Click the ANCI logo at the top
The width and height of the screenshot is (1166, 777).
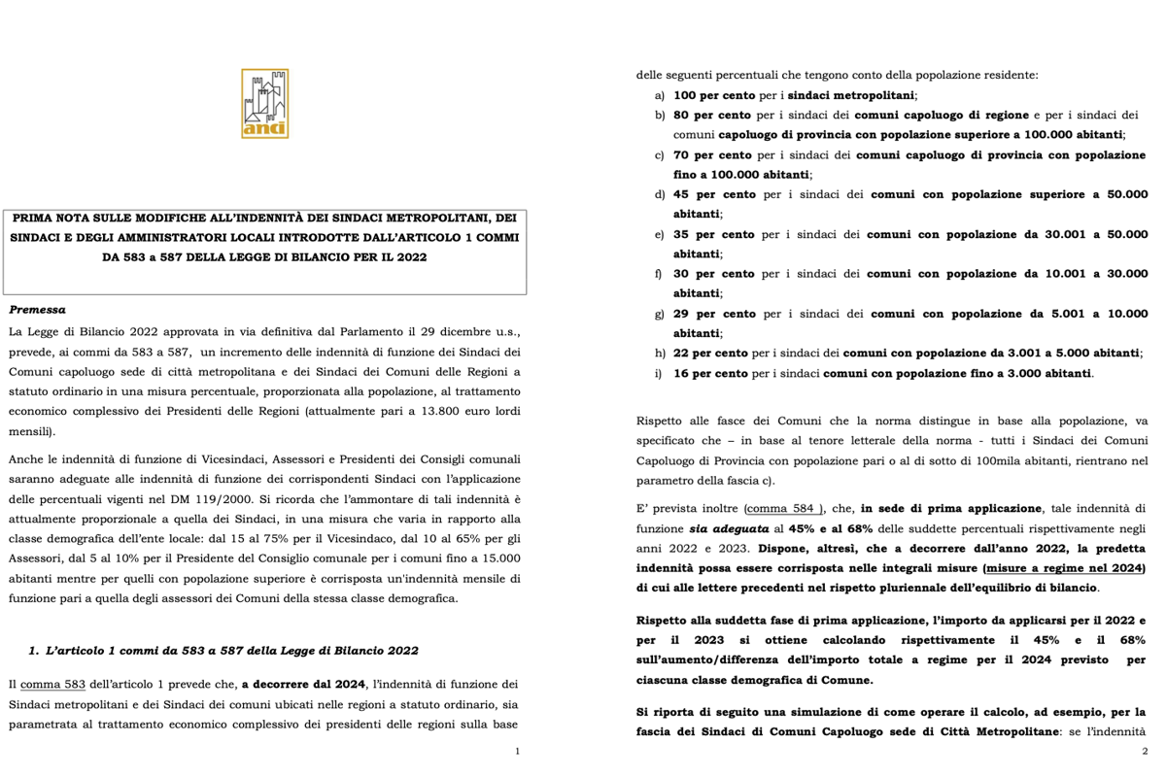264,102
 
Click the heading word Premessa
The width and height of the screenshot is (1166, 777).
38,310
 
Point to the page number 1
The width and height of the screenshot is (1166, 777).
518,752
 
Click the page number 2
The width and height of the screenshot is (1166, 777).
1145,752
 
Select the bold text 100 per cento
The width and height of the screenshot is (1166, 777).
712,95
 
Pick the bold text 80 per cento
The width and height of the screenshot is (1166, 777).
706,115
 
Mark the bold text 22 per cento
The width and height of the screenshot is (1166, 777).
706,354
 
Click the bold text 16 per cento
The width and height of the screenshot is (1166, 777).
706,373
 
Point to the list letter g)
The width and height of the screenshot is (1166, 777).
660,314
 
